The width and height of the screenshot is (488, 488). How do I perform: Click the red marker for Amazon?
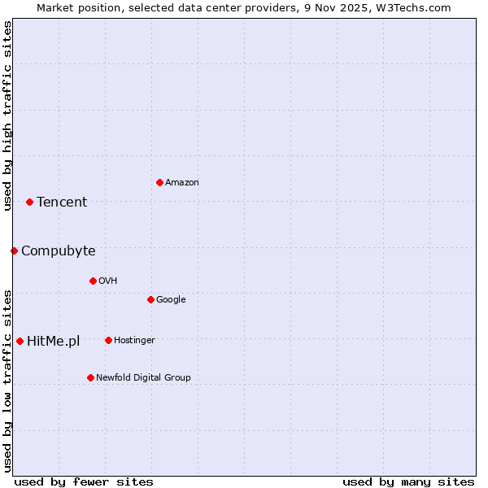click(x=159, y=182)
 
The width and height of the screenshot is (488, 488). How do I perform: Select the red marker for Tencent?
click(x=29, y=202)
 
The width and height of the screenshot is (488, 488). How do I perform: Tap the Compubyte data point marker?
click(x=14, y=251)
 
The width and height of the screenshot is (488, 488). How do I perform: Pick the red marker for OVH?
click(x=93, y=281)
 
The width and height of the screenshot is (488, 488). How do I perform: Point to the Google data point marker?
click(x=150, y=299)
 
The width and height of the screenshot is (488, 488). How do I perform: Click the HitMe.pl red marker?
click(x=20, y=341)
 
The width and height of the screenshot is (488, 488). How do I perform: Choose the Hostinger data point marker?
click(x=108, y=340)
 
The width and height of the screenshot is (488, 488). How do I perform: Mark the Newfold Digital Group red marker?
click(x=90, y=377)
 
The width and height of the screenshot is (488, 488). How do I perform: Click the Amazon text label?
click(x=182, y=183)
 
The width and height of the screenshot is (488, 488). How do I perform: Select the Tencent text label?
click(x=62, y=203)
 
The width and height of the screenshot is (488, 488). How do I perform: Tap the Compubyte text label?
click(x=59, y=251)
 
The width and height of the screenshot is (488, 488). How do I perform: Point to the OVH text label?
click(x=108, y=281)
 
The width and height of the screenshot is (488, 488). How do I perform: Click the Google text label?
click(x=171, y=300)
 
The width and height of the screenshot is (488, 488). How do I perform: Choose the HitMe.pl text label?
click(x=54, y=342)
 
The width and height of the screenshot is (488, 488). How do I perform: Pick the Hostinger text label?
click(x=134, y=341)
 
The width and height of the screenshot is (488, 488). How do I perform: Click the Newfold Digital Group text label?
click(x=143, y=378)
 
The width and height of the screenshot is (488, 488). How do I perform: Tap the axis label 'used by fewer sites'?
click(x=84, y=481)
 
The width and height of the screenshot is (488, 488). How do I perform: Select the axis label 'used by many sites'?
click(x=408, y=481)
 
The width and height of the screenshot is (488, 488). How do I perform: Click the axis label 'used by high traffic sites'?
click(x=7, y=116)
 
